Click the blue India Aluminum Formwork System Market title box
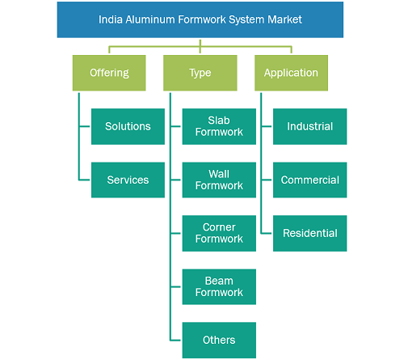click(x=200, y=19)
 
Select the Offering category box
click(x=109, y=73)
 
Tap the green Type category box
click(x=200, y=73)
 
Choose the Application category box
click(x=291, y=73)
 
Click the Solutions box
click(x=128, y=126)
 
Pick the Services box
click(x=128, y=180)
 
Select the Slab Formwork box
click(x=219, y=126)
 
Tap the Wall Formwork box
click(x=219, y=180)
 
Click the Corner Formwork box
click(x=219, y=233)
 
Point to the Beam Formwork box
click(x=219, y=286)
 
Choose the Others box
click(x=219, y=340)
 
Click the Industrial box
click(x=310, y=126)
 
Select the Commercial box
click(x=310, y=180)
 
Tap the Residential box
click(x=310, y=233)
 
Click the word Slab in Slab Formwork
click(x=219, y=121)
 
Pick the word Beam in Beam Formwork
click(x=219, y=281)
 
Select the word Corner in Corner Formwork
click(x=219, y=227)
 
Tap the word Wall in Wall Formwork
click(x=219, y=174)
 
